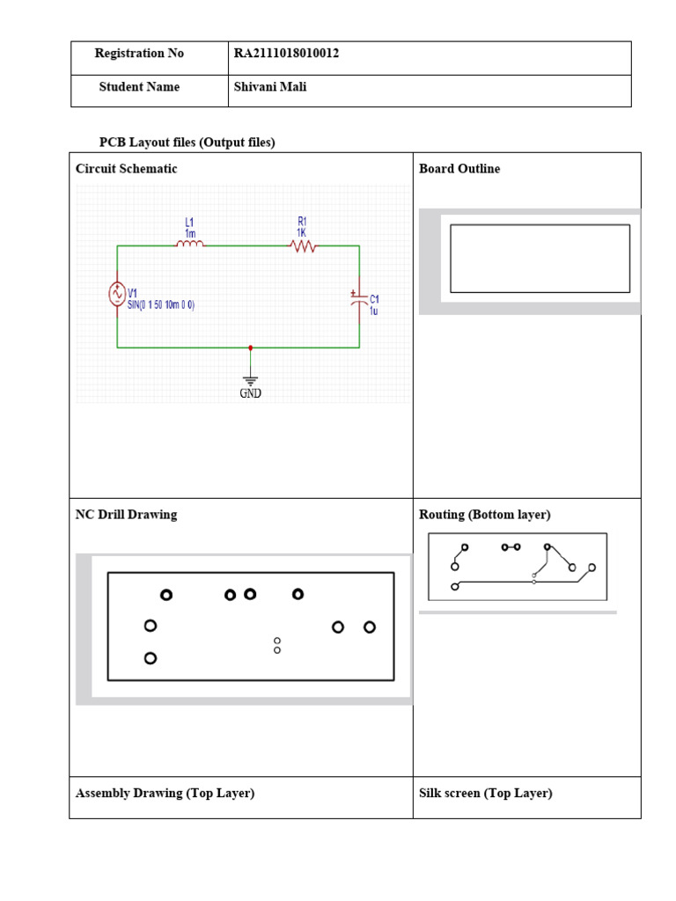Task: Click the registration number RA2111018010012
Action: (x=286, y=54)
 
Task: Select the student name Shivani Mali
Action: (x=270, y=87)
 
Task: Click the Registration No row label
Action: (x=139, y=54)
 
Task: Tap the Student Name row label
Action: (x=139, y=87)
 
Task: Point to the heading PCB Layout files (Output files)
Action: (x=187, y=143)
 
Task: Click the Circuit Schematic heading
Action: (x=126, y=169)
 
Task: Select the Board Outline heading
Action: (x=459, y=169)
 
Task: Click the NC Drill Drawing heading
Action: (x=126, y=515)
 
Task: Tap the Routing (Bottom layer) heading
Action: (x=484, y=515)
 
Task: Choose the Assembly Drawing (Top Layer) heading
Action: (x=165, y=793)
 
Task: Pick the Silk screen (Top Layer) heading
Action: (x=486, y=793)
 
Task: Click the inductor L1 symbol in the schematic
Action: (x=190, y=245)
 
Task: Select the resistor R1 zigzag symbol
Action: (x=303, y=246)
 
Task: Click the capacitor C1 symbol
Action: (x=357, y=299)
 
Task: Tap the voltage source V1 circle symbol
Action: (x=116, y=296)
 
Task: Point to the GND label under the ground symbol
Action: (x=251, y=393)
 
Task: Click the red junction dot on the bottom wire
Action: (x=251, y=348)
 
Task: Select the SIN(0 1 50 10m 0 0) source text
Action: (x=161, y=304)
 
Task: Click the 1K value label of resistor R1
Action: (x=301, y=233)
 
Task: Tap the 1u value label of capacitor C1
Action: (x=374, y=311)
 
